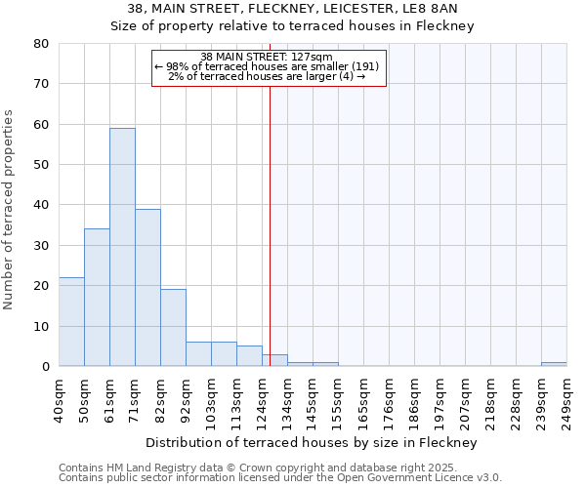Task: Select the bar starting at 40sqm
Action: pos(71,322)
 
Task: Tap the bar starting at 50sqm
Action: pos(97,298)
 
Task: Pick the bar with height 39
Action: pos(147,288)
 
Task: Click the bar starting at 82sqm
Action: pos(173,328)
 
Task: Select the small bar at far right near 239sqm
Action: pos(554,364)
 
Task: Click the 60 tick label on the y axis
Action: pos(40,125)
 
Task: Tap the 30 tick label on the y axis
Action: pos(40,246)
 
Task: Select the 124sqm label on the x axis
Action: pos(262,399)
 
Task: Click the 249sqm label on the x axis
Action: pos(566,399)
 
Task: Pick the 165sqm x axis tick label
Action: pos(363,399)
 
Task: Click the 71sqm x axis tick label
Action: pos(135,399)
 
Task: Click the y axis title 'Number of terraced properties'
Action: pos(9,209)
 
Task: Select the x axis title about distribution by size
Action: pos(313,443)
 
